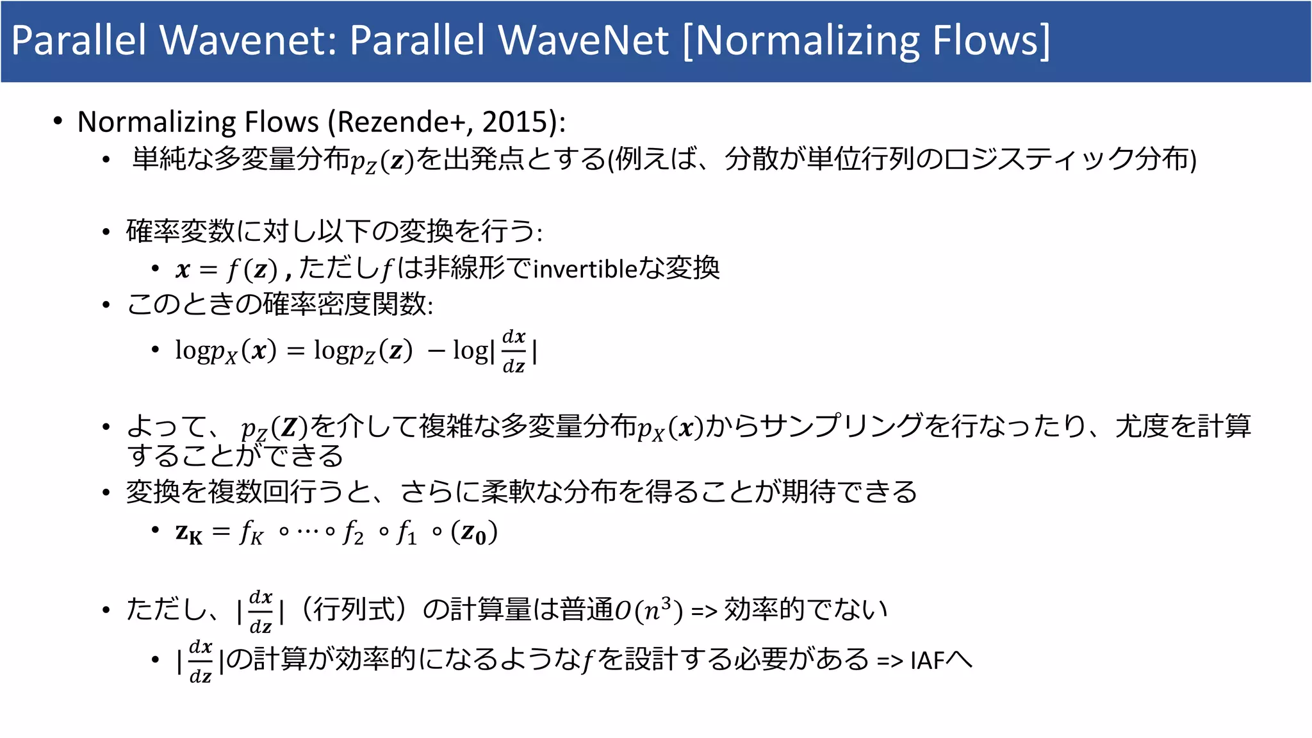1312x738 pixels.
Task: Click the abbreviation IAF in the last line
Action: click(x=927, y=660)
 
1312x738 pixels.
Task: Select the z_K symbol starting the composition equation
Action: click(x=188, y=532)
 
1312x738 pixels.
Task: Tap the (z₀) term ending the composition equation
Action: click(x=474, y=532)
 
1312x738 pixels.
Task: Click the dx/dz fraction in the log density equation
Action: click(x=514, y=351)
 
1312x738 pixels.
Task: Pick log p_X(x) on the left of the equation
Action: click(x=225, y=351)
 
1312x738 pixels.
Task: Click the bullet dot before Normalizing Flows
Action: click(x=58, y=121)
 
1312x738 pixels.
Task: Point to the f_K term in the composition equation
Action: click(x=251, y=532)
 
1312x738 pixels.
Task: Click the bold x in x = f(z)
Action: click(x=183, y=270)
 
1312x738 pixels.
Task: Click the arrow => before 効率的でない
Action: click(x=704, y=611)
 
